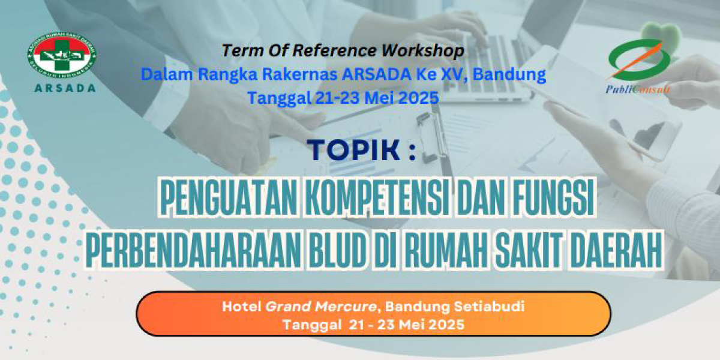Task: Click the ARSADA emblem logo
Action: click(62, 55)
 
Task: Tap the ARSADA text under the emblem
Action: click(65, 88)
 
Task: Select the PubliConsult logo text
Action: click(638, 89)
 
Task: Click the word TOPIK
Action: click(353, 150)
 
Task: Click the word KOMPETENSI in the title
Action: click(376, 197)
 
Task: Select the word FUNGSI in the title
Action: click(553, 197)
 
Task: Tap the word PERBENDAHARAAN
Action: click(193, 250)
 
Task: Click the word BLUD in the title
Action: click(337, 250)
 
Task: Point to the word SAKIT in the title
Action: click(529, 250)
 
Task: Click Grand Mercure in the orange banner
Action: click(321, 307)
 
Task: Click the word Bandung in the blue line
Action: click(509, 75)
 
